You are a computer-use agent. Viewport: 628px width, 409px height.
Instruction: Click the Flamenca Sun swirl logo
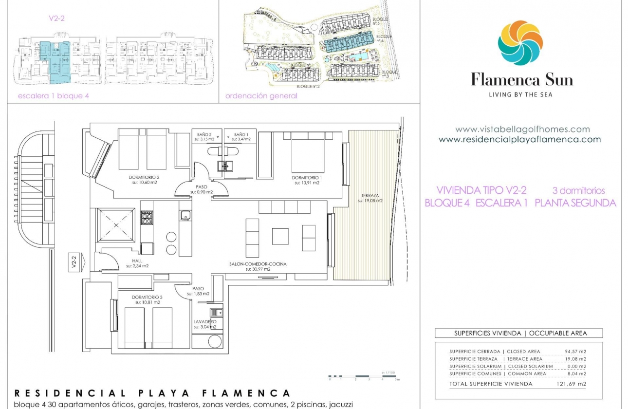click(520, 43)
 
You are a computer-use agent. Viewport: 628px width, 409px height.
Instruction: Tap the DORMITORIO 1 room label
click(306, 178)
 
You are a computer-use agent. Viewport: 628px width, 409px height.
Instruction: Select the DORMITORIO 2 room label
click(144, 178)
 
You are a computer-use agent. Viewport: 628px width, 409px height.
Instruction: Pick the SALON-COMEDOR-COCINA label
click(258, 264)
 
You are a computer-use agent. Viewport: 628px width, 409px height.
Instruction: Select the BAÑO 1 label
click(241, 134)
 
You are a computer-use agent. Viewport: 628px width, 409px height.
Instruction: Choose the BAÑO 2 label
click(204, 134)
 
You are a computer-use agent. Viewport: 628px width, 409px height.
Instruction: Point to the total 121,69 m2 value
click(574, 384)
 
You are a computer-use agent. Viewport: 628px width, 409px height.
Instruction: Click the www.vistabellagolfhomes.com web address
click(522, 130)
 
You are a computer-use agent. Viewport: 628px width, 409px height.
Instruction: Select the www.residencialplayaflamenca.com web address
click(519, 140)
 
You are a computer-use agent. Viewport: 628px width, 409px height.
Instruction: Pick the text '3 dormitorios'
click(578, 191)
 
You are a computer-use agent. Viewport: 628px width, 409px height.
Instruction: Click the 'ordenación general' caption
click(261, 96)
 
